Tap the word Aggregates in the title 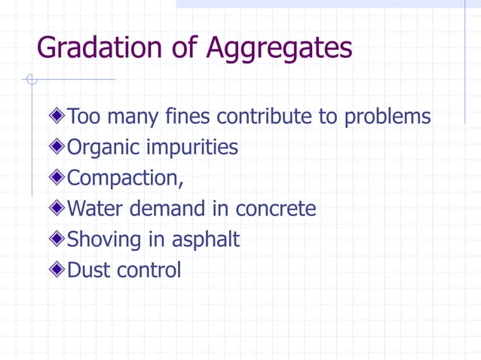(280, 49)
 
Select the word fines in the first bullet (189, 117)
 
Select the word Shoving (104, 239)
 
